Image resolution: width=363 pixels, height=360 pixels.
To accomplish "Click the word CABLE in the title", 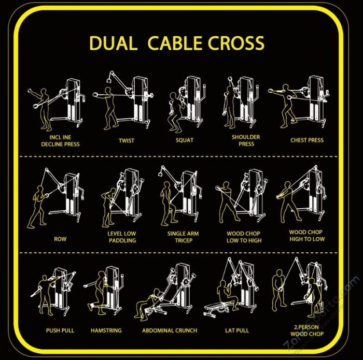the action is [175, 43].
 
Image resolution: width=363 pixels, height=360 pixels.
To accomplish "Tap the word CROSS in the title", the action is [236, 43].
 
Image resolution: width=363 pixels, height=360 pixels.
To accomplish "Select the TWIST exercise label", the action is [127, 140].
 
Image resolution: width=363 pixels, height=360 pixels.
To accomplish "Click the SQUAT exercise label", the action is [185, 140].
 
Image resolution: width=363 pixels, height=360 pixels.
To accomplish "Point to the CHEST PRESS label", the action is [307, 140].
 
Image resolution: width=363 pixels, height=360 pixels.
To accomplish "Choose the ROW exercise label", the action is [60, 239].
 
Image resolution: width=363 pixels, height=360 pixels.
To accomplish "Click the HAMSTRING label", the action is [106, 330].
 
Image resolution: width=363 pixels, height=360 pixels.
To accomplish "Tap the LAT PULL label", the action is [237, 330].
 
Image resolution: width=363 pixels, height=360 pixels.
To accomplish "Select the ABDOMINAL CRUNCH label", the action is [170, 330].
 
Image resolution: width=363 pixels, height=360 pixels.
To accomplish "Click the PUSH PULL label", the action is [60, 330].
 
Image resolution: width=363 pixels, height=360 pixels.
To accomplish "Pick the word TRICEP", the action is [184, 240].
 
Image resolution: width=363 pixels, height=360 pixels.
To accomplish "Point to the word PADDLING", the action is [122, 240].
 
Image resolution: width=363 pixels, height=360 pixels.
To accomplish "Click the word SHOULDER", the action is [246, 137].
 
